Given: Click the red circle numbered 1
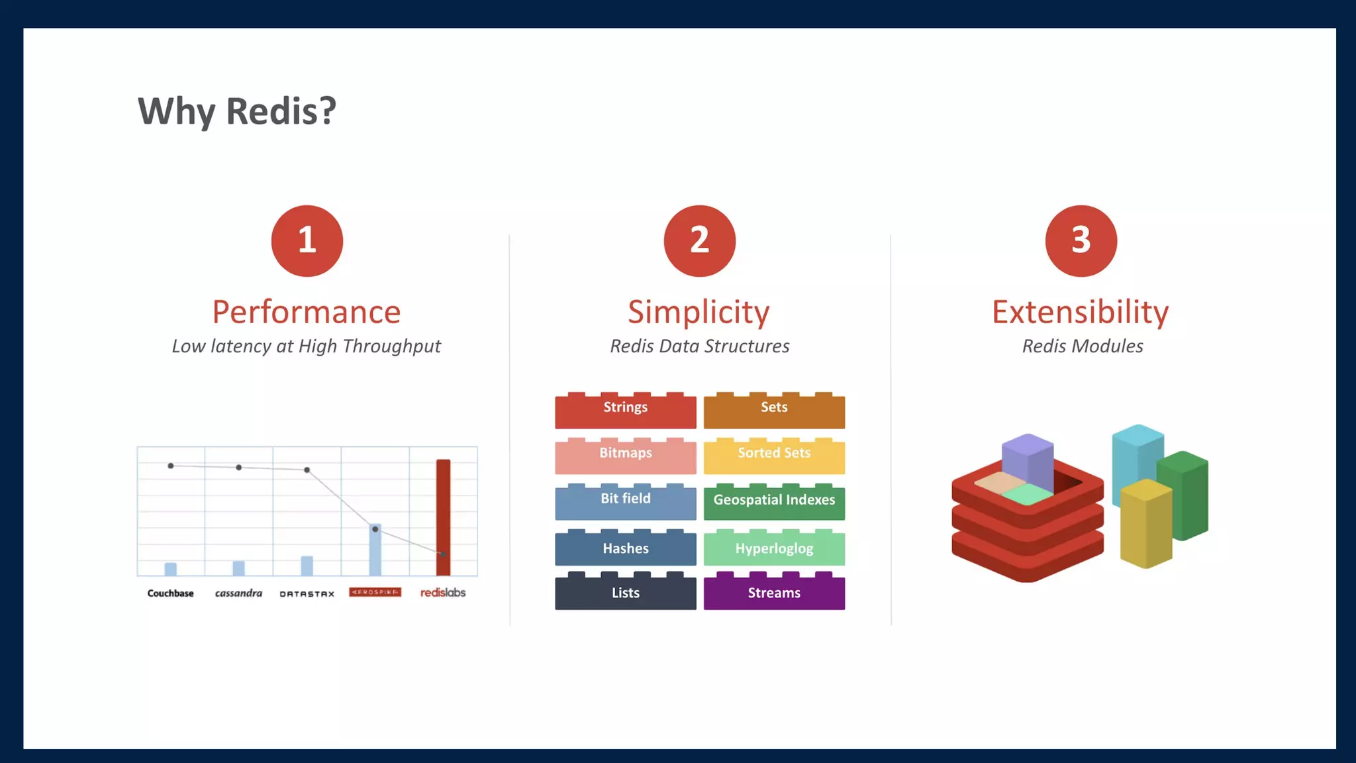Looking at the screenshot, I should click(307, 240).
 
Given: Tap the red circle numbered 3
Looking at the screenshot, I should click(1081, 240).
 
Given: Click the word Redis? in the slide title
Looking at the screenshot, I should click(281, 111).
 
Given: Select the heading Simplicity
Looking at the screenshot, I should click(699, 312).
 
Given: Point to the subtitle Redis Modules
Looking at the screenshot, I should click(1083, 346).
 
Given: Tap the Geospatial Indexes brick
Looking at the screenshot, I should click(774, 502).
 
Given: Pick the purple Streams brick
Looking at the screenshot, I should click(774, 593).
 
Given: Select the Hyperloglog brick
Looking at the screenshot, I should click(774, 548).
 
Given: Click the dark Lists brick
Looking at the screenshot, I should click(625, 593).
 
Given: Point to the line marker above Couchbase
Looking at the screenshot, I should click(171, 466).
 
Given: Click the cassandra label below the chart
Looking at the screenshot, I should click(238, 593).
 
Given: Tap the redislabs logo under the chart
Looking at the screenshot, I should click(443, 592).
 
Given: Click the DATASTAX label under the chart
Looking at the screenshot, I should click(307, 593).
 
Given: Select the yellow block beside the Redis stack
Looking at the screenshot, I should click(1145, 527).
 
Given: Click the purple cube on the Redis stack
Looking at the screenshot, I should click(1027, 460).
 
